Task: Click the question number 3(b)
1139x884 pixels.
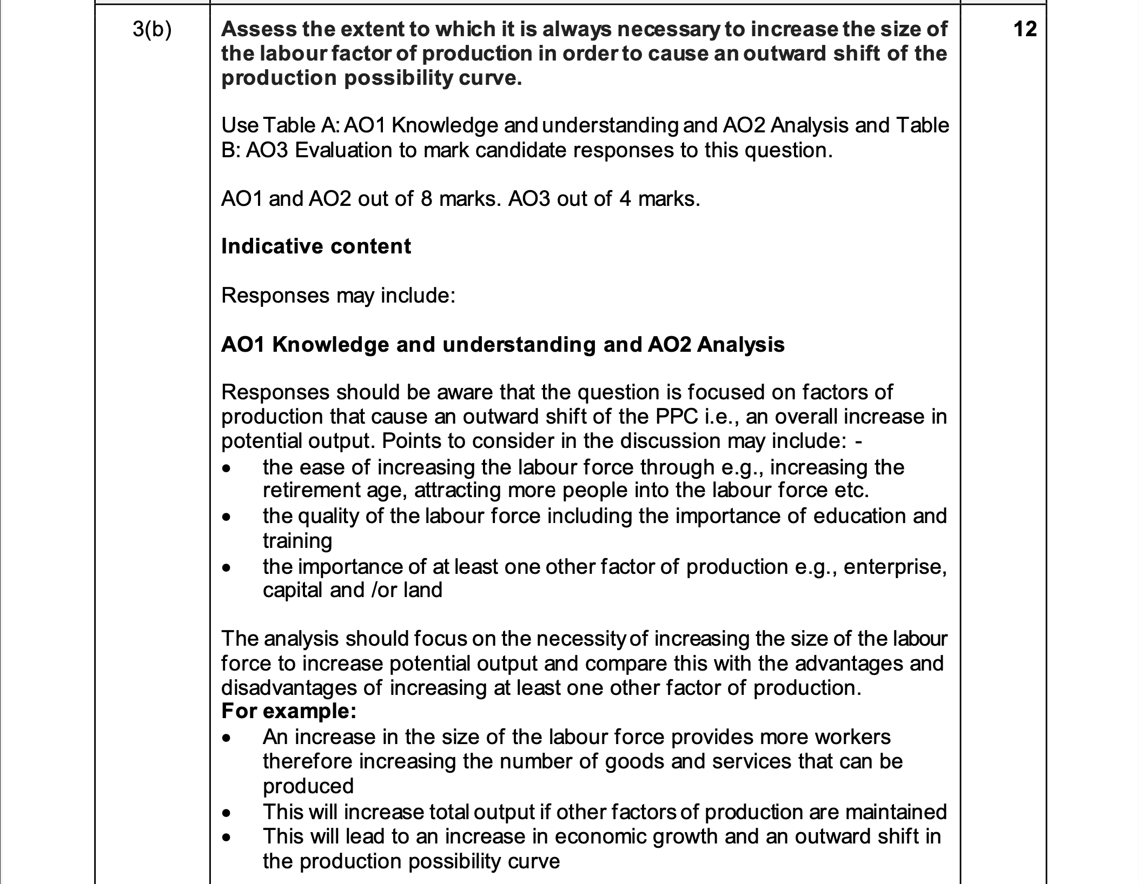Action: pos(151,29)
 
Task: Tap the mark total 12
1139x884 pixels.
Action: pos(1025,29)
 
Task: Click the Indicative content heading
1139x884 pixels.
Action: pos(316,246)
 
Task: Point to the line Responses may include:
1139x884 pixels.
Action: pos(338,296)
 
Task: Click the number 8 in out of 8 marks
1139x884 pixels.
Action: pos(426,199)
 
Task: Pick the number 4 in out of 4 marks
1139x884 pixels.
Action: pos(625,199)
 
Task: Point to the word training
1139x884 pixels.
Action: pos(297,541)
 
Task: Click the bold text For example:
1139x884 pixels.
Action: pos(289,711)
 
